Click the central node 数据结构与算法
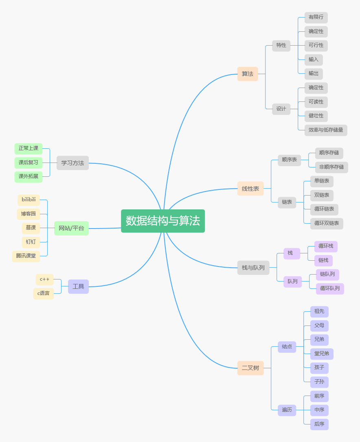pyautogui.click(x=163, y=221)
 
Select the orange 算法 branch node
pyautogui.click(x=248, y=74)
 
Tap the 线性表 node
pyautogui.click(x=250, y=189)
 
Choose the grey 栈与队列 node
pyautogui.click(x=253, y=268)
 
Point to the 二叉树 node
pyautogui.click(x=250, y=368)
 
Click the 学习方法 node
pyautogui.click(x=72, y=163)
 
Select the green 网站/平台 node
pyautogui.click(x=71, y=228)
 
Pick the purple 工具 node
pyautogui.click(x=78, y=286)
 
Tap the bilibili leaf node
pyautogui.click(x=29, y=200)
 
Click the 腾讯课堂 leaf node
pyautogui.click(x=26, y=256)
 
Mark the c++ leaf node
pyautogui.click(x=44, y=279)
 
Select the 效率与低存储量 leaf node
pyautogui.click(x=326, y=130)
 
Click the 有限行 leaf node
pyautogui.click(x=316, y=17)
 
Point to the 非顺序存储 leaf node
pyautogui.click(x=331, y=167)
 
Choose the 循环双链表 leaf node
pyautogui.click(x=327, y=223)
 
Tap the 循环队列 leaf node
pyautogui.click(x=330, y=288)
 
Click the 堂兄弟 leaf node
pyautogui.click(x=322, y=354)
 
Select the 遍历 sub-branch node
pyautogui.click(x=287, y=410)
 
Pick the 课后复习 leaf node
pyautogui.click(x=29, y=163)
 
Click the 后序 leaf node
pyautogui.click(x=319, y=424)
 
